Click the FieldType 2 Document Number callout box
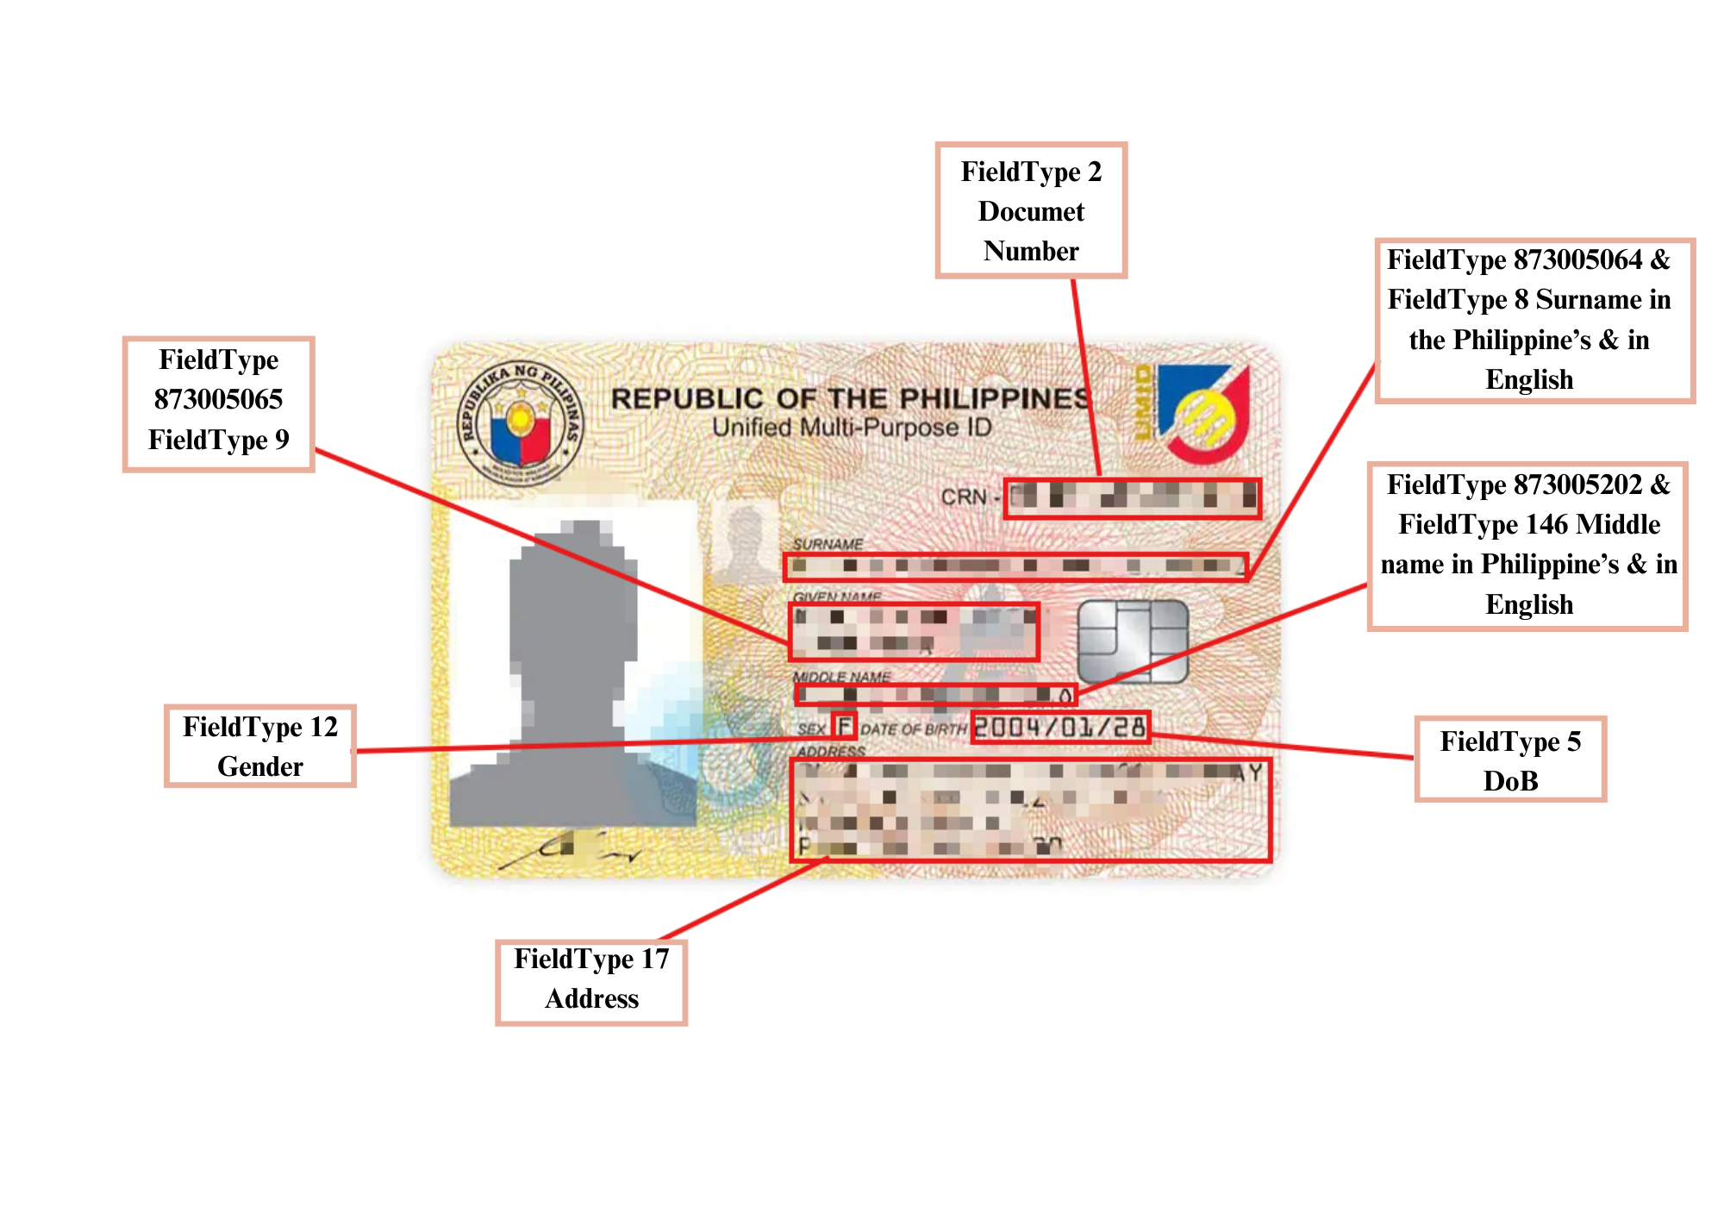tap(1031, 210)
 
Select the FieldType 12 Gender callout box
tap(259, 746)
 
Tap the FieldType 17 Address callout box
tap(591, 978)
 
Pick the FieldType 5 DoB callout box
tap(1510, 760)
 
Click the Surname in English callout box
tap(1534, 320)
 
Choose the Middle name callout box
tap(1527, 545)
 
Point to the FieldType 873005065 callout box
tap(218, 403)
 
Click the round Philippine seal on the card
tap(520, 423)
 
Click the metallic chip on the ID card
tap(1133, 641)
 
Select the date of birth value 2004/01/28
tap(1060, 728)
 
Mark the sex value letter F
tap(845, 726)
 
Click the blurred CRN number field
tap(1133, 498)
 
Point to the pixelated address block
tap(1030, 810)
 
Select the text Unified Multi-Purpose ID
tap(852, 428)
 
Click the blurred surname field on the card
tap(1015, 566)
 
